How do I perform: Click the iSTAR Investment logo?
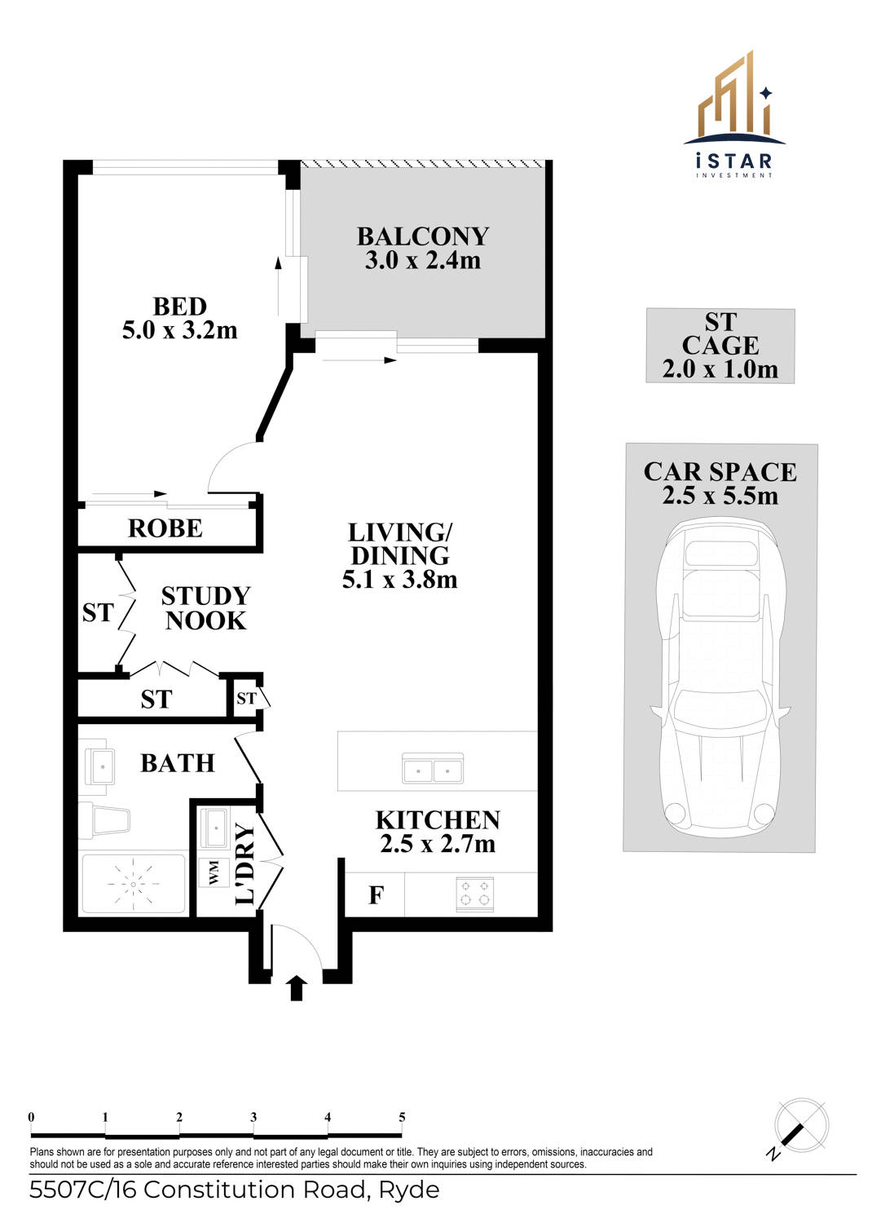tap(733, 116)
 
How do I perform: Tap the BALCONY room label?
tap(422, 236)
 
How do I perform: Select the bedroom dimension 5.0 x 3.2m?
tap(179, 330)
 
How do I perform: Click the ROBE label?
tap(165, 528)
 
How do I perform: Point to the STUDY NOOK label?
tap(205, 608)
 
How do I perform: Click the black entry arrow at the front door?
tap(297, 987)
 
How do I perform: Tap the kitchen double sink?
tap(433, 769)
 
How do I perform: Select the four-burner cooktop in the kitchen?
tap(474, 893)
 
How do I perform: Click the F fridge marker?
tap(376, 895)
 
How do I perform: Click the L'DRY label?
tap(245, 864)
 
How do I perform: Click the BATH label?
tap(178, 763)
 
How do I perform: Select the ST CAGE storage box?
tap(720, 346)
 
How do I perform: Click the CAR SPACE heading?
tap(720, 472)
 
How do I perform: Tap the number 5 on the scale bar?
tap(402, 1117)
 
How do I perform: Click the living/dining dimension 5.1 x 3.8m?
tap(399, 580)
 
